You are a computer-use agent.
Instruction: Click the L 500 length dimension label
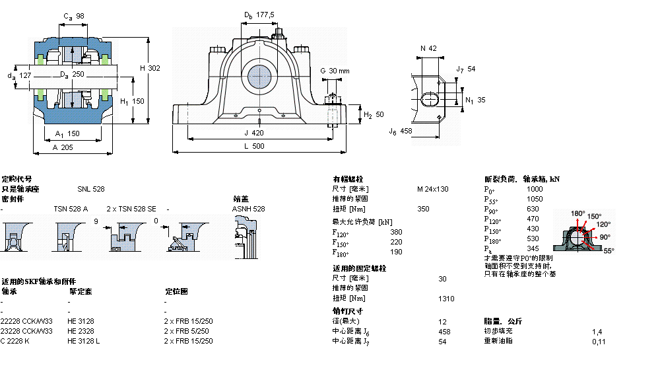click(x=259, y=146)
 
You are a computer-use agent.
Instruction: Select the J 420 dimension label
click(x=259, y=132)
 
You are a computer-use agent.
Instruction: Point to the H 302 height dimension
click(x=150, y=68)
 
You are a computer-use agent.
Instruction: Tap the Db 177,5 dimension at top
click(x=259, y=15)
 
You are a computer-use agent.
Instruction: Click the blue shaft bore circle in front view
click(x=259, y=77)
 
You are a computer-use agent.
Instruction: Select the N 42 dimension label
click(x=428, y=48)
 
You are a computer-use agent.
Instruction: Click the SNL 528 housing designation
click(x=90, y=189)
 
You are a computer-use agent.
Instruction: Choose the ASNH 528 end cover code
click(x=248, y=209)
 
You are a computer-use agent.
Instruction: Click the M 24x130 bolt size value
click(x=432, y=189)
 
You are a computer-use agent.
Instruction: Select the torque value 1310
click(x=446, y=299)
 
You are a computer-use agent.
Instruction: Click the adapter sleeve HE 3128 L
click(x=84, y=341)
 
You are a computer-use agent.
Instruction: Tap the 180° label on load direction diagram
click(x=577, y=213)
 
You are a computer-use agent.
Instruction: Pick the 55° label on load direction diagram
click(x=608, y=251)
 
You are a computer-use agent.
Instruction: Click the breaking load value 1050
click(x=534, y=199)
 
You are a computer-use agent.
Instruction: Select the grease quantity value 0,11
click(x=598, y=341)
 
